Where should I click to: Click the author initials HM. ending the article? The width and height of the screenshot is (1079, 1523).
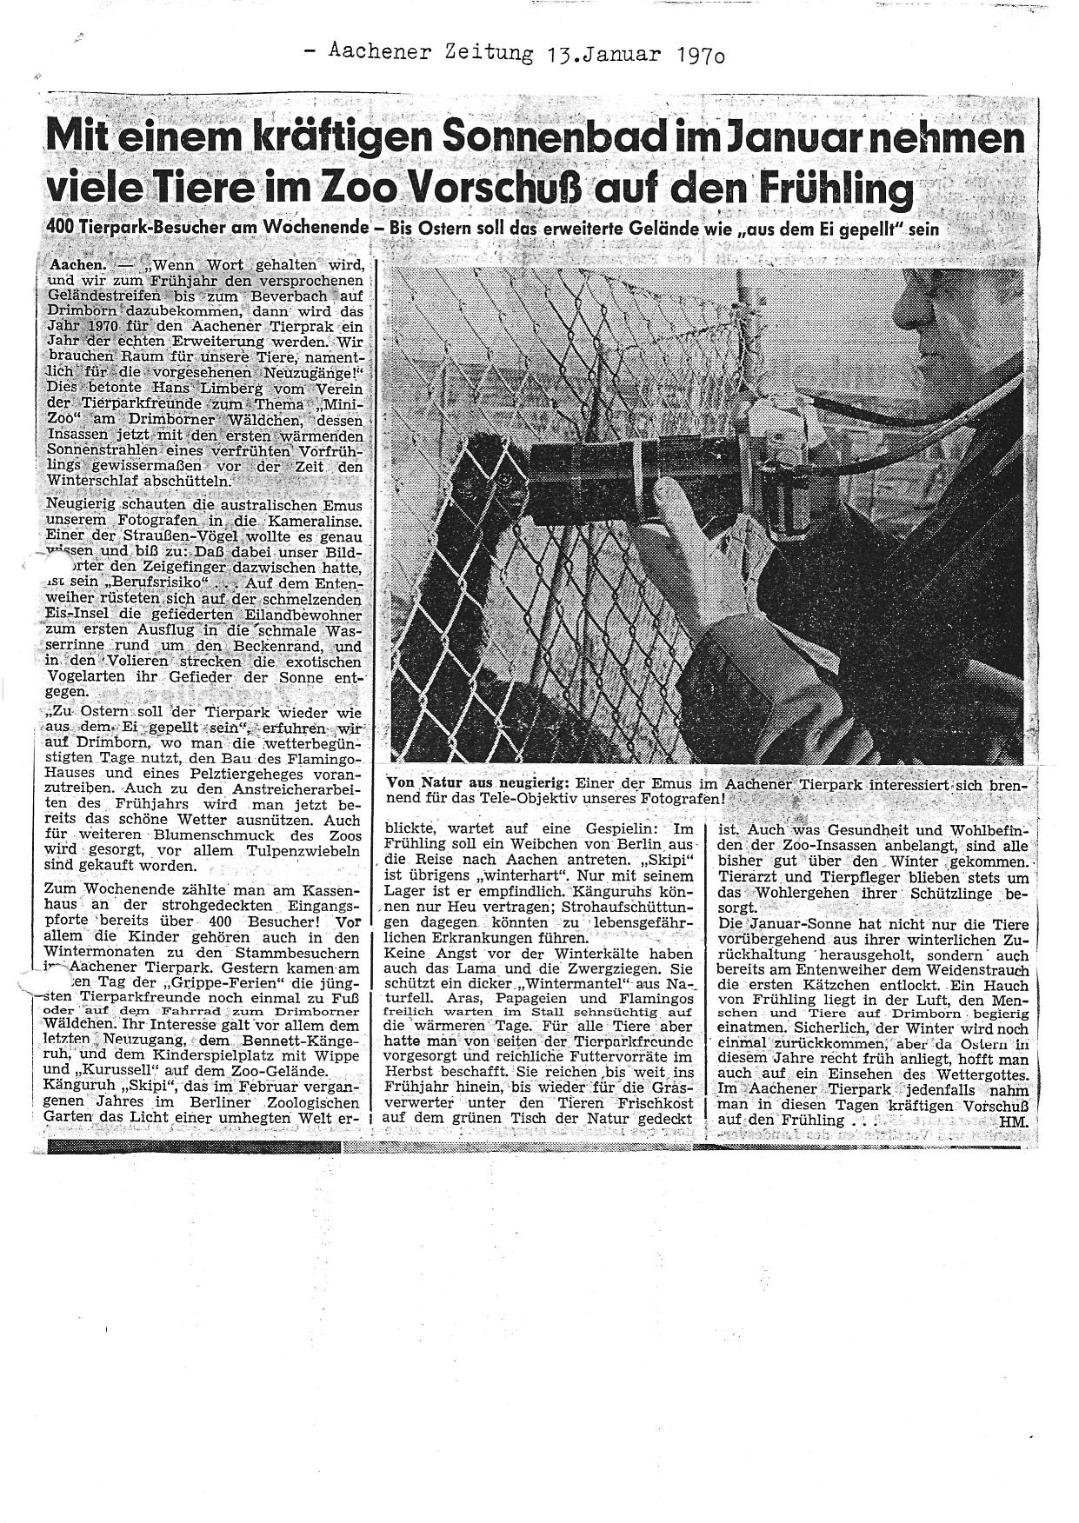pyautogui.click(x=1014, y=1121)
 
